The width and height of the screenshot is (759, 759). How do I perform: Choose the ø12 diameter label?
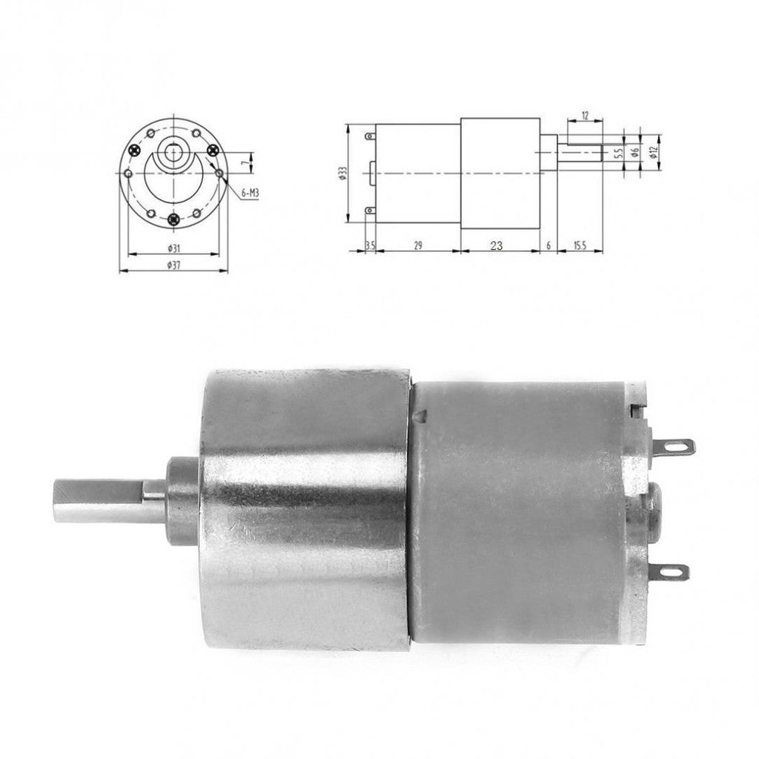(x=653, y=151)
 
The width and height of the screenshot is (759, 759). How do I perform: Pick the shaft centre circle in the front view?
(x=173, y=153)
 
